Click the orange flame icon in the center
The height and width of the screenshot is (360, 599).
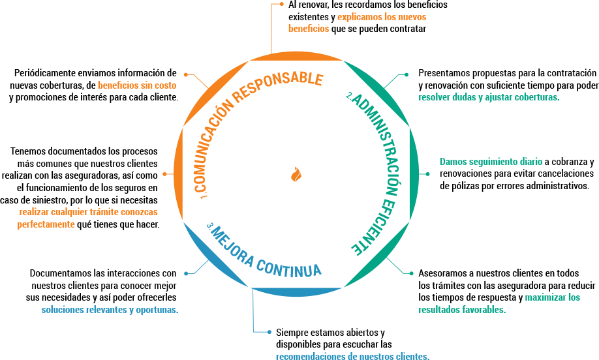(x=296, y=174)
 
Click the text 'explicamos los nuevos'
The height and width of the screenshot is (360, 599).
(x=382, y=17)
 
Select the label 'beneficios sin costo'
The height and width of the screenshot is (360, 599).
(x=136, y=85)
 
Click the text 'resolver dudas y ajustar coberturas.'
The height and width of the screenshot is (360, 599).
(x=489, y=98)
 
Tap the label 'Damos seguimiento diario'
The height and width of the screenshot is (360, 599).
(x=491, y=162)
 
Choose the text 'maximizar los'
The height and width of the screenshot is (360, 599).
(x=552, y=297)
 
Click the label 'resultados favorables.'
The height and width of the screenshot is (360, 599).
(x=462, y=310)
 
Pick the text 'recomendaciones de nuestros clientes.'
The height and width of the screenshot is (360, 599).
(x=352, y=356)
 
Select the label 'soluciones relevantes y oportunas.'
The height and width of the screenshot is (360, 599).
(x=110, y=310)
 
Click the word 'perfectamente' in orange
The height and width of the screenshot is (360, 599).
(x=46, y=224)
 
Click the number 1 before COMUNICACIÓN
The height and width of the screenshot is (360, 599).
(x=204, y=194)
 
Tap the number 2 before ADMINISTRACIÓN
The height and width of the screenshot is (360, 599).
(x=350, y=97)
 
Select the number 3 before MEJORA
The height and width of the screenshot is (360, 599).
(x=210, y=226)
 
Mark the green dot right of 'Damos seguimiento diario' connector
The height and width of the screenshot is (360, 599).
(x=428, y=174)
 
